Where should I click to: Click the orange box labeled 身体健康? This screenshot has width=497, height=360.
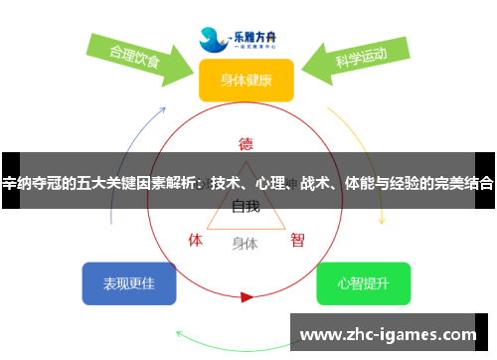coord(246,80)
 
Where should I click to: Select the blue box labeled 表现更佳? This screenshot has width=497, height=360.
coord(129,284)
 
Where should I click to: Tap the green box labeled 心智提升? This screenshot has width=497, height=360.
coord(363,284)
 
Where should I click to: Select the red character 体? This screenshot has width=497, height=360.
coord(196,240)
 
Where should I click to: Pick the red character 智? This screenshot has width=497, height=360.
coord(297,240)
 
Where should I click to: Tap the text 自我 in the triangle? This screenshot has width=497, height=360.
coord(246,207)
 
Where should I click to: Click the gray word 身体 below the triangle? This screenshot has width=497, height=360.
coord(245,243)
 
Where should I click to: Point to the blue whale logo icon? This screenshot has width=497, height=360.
coord(212,39)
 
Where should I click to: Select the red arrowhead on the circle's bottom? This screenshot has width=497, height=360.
coord(247,296)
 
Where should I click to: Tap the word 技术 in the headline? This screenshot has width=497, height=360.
coord(226,183)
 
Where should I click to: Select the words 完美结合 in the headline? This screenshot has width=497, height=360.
coord(463,183)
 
